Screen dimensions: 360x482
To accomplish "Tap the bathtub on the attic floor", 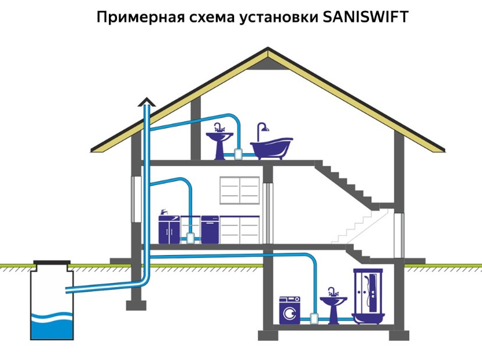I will [x=271, y=147].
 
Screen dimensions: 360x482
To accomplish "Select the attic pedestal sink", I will [x=220, y=142].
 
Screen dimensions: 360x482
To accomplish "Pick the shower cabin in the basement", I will [x=367, y=297].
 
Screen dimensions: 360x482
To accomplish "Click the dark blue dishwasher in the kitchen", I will [x=210, y=230].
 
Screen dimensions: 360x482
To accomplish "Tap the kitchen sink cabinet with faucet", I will [x=169, y=228].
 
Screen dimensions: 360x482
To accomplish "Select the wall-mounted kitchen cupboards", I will [x=239, y=190].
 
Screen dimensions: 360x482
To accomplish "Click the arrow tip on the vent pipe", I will [x=146, y=101].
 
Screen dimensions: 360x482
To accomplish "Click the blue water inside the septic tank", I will [x=53, y=326].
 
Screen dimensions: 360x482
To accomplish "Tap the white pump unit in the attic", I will [x=238, y=154].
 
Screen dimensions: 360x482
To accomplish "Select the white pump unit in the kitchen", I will [x=190, y=238].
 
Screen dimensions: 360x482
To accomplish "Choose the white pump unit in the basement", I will [x=314, y=318].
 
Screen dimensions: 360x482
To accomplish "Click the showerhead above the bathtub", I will [x=263, y=126].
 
